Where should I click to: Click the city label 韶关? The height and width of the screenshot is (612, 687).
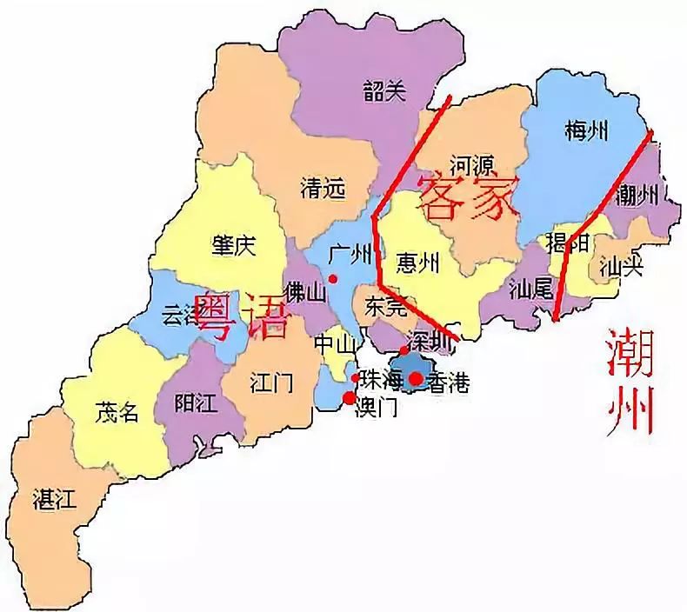coord(384,92)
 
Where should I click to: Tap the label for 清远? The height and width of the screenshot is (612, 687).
coord(323,188)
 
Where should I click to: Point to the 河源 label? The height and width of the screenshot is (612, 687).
coord(472,164)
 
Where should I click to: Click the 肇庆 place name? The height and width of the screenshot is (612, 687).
coord(233,246)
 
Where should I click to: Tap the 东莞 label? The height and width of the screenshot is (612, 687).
coord(386,306)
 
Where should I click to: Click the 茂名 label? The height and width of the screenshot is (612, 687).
coord(117,413)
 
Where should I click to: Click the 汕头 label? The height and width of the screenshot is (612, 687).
coord(621,269)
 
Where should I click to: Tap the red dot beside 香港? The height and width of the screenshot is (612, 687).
coord(417,378)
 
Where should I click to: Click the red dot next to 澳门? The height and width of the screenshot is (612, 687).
coord(350,398)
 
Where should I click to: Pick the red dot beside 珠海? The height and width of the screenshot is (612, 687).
coord(355,378)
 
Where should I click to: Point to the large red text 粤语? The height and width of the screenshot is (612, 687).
coord(241,316)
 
